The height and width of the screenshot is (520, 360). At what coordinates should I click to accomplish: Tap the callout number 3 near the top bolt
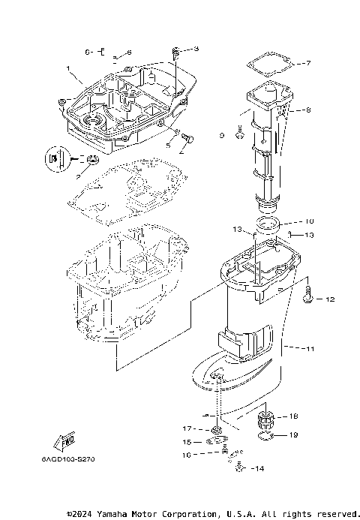point(196,50)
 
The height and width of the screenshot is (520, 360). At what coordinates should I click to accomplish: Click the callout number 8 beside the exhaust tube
point(307,110)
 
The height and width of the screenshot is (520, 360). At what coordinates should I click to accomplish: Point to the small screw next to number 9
point(238,134)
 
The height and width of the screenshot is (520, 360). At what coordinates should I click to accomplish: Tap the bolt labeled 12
point(308,299)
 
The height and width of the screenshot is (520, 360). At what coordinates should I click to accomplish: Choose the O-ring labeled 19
point(265,436)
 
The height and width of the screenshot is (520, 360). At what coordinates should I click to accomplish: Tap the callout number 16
point(187,455)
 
